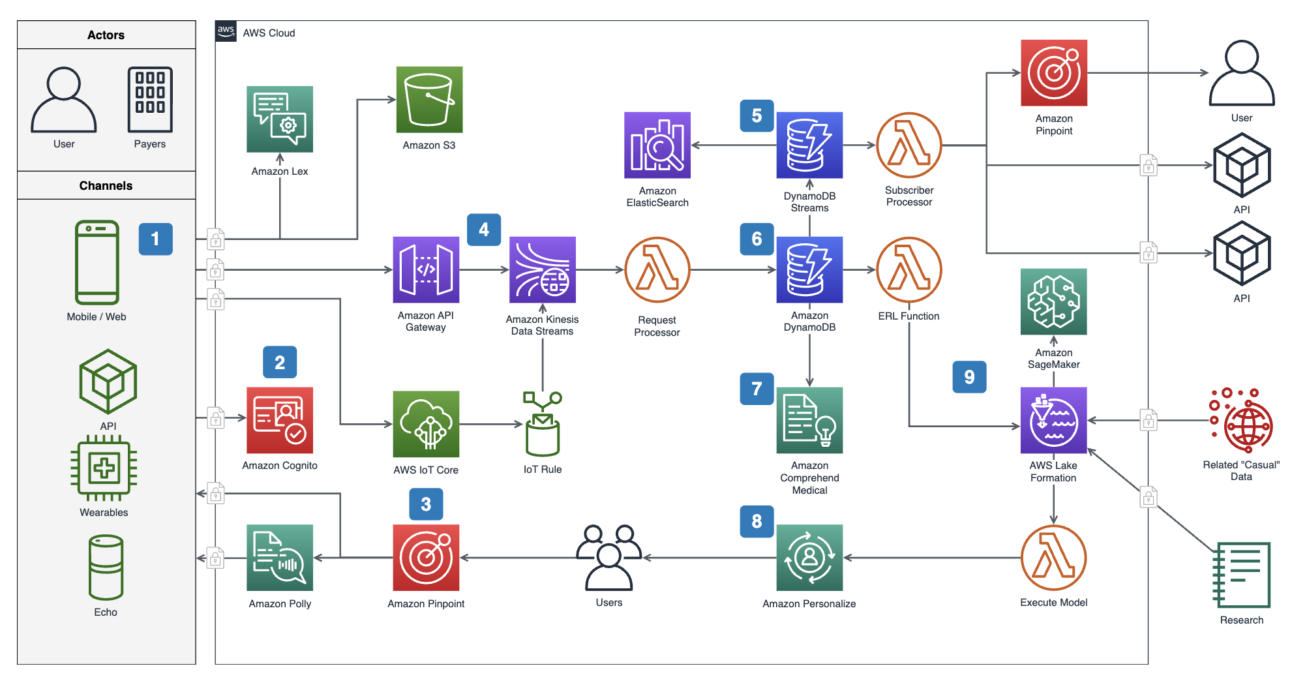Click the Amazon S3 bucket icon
(x=429, y=100)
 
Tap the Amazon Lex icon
(x=280, y=119)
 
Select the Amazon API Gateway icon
(x=426, y=269)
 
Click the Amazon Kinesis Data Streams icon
(x=542, y=269)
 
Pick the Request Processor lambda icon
(x=657, y=269)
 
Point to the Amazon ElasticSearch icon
(x=657, y=145)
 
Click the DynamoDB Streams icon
(x=809, y=145)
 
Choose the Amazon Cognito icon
(x=280, y=420)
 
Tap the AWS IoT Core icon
(x=426, y=424)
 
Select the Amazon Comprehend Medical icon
(x=809, y=420)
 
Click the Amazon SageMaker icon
(x=1053, y=301)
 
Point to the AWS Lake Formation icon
(x=1053, y=420)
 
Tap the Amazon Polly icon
(x=280, y=558)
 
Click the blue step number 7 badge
(x=757, y=389)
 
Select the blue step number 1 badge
(x=155, y=239)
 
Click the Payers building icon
(x=150, y=100)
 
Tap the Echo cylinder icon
(x=106, y=567)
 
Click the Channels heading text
(x=106, y=186)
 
